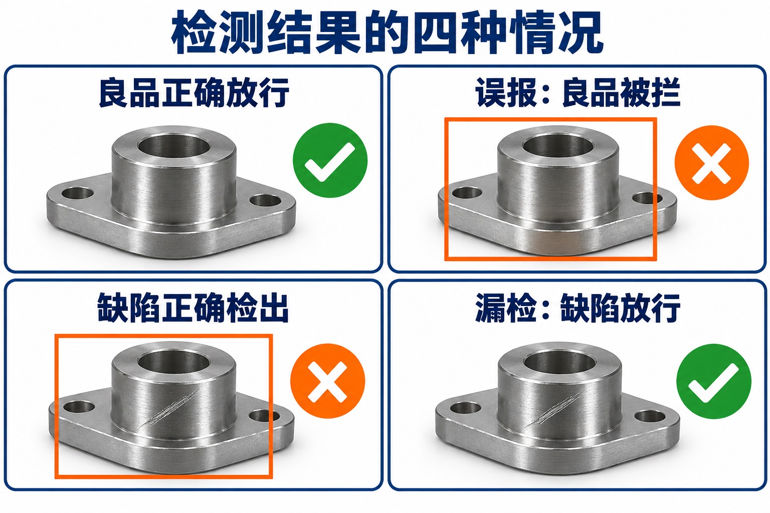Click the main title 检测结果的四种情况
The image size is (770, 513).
click(387, 32)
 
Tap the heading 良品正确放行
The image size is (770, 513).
click(194, 93)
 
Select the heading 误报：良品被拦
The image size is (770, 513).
click(578, 93)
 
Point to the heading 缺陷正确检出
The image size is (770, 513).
click(193, 308)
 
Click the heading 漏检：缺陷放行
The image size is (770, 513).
click(578, 308)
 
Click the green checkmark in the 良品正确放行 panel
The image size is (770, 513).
click(330, 160)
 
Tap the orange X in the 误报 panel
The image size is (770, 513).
click(711, 163)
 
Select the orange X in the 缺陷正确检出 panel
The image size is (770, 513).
click(327, 381)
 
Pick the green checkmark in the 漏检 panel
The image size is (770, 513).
click(714, 381)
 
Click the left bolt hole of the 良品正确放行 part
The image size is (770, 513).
click(78, 193)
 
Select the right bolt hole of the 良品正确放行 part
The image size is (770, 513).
click(265, 201)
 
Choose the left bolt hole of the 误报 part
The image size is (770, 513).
click(467, 193)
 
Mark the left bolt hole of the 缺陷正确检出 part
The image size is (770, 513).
click(79, 407)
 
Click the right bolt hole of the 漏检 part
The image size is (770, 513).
click(650, 416)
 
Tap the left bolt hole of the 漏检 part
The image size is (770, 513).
click(465, 408)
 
